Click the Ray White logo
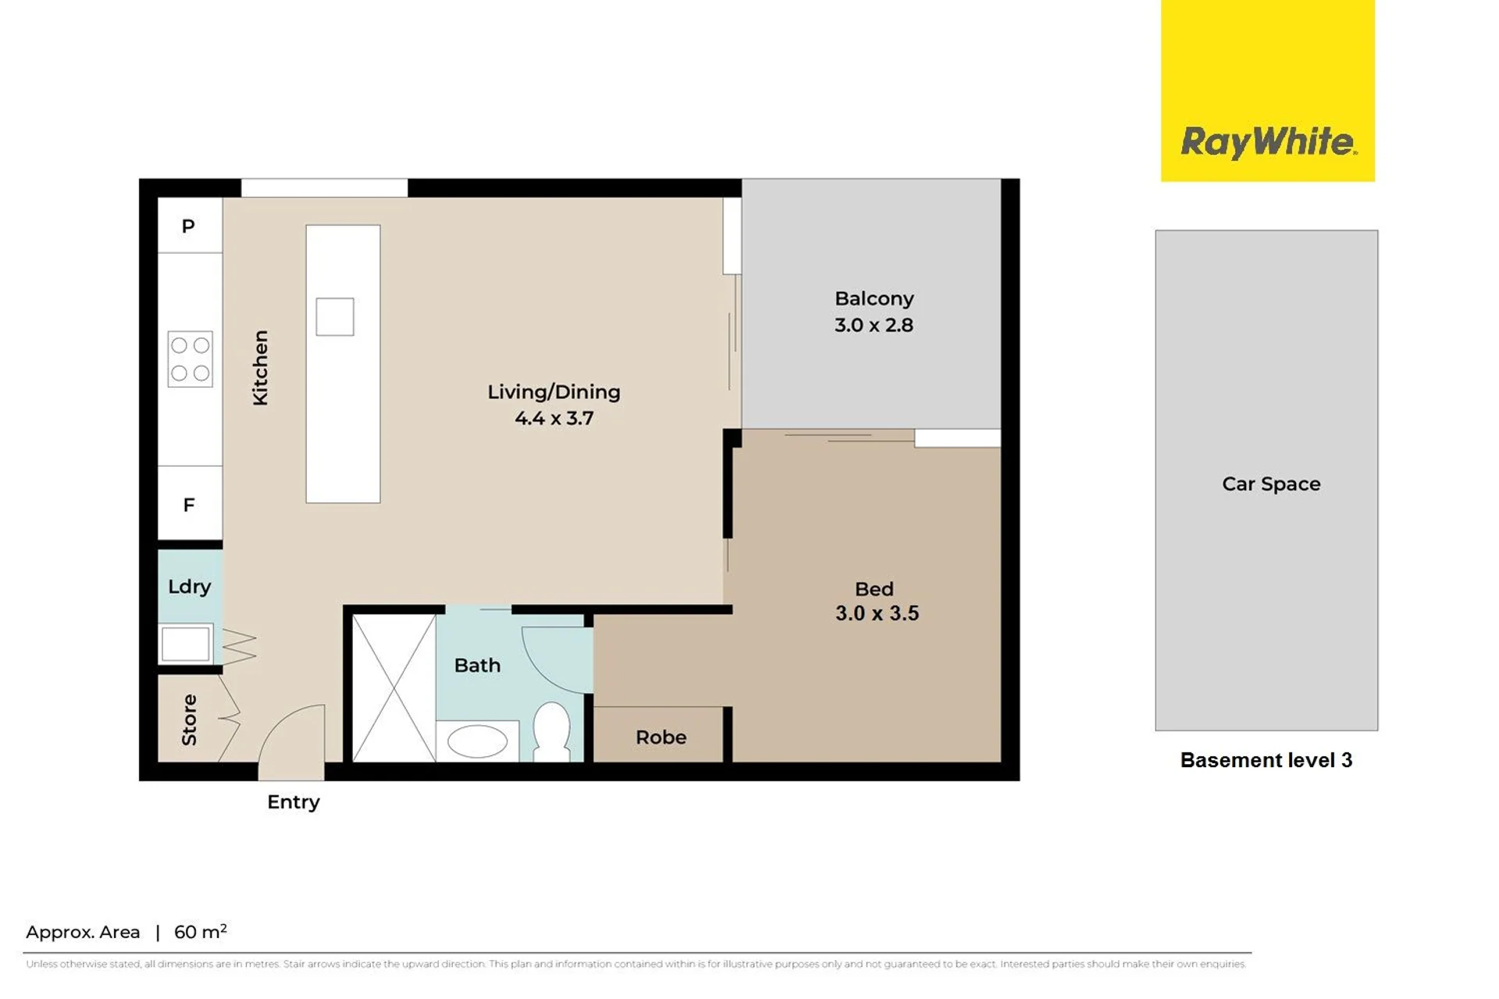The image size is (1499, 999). coord(1267,91)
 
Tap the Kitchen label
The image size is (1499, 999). coord(260,368)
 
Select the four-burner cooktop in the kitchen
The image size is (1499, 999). coord(190,359)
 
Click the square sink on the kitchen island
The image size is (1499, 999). coord(335,317)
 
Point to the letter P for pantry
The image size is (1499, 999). coord(188,226)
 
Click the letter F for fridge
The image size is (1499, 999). coord(189,505)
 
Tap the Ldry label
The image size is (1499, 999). coord(190,586)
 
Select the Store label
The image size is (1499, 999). coord(189,720)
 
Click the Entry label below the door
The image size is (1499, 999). coord(294,802)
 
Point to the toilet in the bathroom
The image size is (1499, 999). coord(551,731)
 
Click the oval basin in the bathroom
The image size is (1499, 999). coord(477,741)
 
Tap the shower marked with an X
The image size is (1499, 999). coord(394,688)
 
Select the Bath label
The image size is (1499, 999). coord(477,665)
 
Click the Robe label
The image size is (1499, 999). coord(660,737)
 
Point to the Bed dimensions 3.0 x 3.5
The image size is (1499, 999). coord(877,613)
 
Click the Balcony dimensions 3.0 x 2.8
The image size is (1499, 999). coord(874,325)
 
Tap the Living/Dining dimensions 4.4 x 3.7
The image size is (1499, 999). coord(554,418)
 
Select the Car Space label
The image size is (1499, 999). coord(1271,484)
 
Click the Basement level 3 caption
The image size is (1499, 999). coord(1266,760)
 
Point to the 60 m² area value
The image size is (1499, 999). coord(201,931)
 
